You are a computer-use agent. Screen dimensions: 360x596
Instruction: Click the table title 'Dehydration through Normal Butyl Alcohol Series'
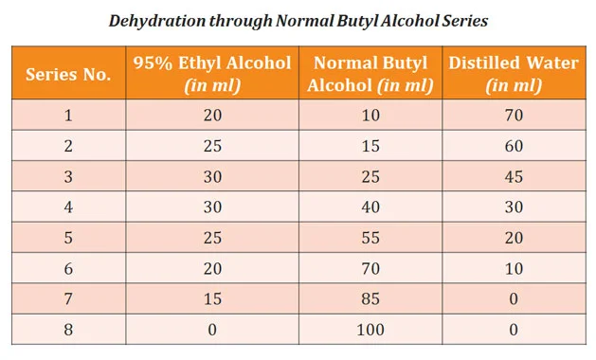click(x=298, y=20)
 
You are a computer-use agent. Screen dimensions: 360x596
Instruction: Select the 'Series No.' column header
click(x=67, y=74)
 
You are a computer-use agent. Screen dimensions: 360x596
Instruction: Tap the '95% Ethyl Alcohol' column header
click(x=210, y=74)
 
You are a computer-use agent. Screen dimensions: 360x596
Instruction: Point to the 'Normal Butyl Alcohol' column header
click(x=370, y=74)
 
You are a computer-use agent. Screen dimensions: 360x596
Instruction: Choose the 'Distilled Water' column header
click(x=513, y=74)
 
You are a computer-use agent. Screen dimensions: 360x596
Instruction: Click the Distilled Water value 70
click(x=513, y=116)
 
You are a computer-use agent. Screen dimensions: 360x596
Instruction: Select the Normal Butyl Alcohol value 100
click(x=370, y=330)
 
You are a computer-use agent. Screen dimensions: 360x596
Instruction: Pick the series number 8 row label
click(x=67, y=330)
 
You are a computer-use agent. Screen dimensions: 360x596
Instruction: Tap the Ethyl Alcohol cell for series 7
click(x=210, y=299)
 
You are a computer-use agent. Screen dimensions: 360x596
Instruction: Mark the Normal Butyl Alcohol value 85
click(x=370, y=299)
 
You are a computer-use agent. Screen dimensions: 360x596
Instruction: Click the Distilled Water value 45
click(x=513, y=177)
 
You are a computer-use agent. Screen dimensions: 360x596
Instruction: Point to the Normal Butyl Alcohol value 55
click(x=370, y=238)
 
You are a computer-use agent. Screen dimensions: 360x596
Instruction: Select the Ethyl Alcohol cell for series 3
click(x=210, y=177)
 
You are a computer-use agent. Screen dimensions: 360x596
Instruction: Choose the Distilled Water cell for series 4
click(x=513, y=207)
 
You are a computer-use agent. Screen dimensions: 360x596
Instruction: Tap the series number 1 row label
click(x=67, y=116)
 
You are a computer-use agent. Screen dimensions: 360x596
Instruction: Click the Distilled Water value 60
click(x=513, y=146)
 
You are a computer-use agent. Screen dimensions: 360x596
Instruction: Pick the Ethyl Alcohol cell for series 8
click(x=210, y=330)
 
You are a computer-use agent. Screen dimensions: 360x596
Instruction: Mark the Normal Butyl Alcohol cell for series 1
click(x=370, y=116)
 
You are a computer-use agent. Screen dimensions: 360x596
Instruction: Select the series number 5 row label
click(x=67, y=238)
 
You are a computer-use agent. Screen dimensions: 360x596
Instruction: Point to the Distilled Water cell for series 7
click(x=513, y=299)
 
